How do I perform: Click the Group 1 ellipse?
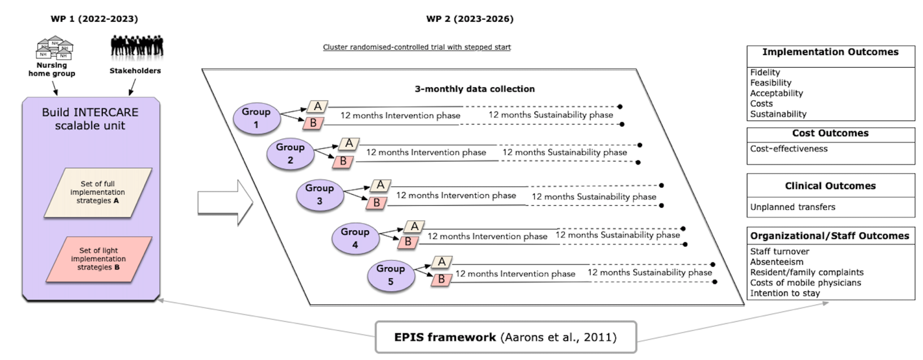pyautogui.click(x=257, y=118)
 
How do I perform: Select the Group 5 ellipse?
pyautogui.click(x=391, y=275)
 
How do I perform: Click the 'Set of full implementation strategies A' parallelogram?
pyautogui.click(x=98, y=192)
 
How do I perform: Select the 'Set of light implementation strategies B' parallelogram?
pyautogui.click(x=98, y=259)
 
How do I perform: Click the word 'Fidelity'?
pyautogui.click(x=765, y=72)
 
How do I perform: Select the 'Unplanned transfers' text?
pyautogui.click(x=793, y=207)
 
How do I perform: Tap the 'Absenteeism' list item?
pyautogui.click(x=776, y=262)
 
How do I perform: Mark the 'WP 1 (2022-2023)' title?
pyautogui.click(x=94, y=19)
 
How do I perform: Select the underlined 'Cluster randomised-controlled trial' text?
pyautogui.click(x=417, y=47)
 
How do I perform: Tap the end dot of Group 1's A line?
pyautogui.click(x=620, y=106)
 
